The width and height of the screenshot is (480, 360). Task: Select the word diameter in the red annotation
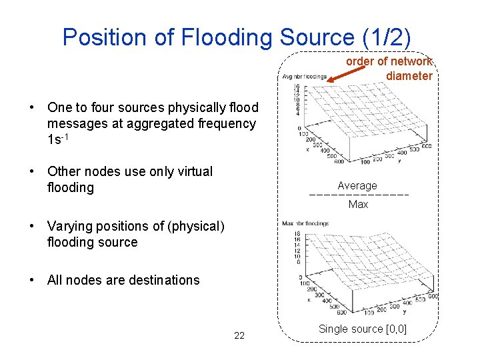(409, 76)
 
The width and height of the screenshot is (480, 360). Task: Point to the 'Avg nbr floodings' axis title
(304, 77)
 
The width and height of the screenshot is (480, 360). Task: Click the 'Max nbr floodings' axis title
(305, 223)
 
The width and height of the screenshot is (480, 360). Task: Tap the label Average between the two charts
(357, 186)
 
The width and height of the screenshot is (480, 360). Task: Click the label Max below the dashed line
(358, 205)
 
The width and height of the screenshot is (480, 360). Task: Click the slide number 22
(239, 335)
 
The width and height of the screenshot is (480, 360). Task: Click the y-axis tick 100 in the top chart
(365, 162)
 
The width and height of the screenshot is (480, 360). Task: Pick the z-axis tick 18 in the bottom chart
(297, 233)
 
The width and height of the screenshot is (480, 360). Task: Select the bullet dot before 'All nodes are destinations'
(32, 281)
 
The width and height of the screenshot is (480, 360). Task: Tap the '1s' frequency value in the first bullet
(53, 140)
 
